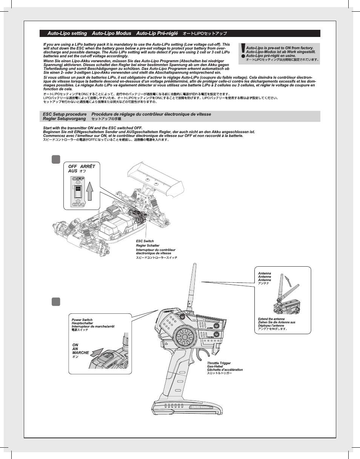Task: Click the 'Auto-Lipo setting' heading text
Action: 67,34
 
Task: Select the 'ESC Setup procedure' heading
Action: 65,114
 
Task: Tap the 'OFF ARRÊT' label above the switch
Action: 82,166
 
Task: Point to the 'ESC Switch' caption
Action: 145,241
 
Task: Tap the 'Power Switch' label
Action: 82,320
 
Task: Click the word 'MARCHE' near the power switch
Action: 80,353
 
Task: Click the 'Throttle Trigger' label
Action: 219,363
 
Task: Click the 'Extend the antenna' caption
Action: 271,319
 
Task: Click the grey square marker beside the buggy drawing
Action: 56,160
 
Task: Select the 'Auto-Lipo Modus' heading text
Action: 111,34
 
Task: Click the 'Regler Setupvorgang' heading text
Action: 65,119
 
